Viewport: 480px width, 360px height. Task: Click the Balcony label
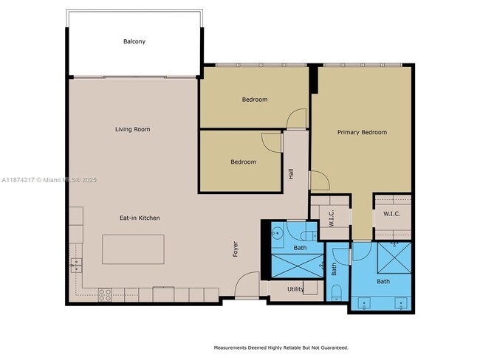pyautogui.click(x=134, y=42)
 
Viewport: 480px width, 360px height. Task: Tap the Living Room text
pyautogui.click(x=132, y=130)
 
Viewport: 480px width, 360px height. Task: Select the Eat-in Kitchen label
pyautogui.click(x=140, y=218)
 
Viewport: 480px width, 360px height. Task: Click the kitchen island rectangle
pyautogui.click(x=133, y=249)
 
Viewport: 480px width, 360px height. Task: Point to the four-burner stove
pyautogui.click(x=105, y=294)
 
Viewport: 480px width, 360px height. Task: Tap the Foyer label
pyautogui.click(x=236, y=249)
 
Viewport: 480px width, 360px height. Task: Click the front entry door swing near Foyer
pyautogui.click(x=249, y=284)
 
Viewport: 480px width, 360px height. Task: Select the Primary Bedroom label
pyautogui.click(x=362, y=133)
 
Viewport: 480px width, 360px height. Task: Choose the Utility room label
pyautogui.click(x=295, y=290)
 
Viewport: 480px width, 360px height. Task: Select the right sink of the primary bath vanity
pyautogui.click(x=402, y=302)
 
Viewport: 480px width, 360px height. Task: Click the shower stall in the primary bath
pyautogui.click(x=393, y=258)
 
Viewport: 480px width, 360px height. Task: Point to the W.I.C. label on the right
pyautogui.click(x=391, y=214)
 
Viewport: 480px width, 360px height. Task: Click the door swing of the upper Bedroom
pyautogui.click(x=297, y=118)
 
